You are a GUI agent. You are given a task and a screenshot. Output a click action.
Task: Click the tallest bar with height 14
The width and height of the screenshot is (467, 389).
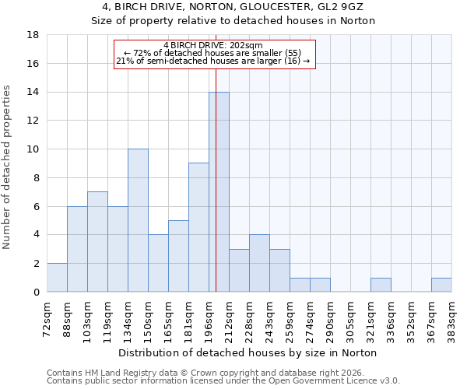tap(219, 192)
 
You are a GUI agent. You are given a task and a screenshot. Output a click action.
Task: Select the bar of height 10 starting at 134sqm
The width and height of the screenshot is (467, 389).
tap(138, 220)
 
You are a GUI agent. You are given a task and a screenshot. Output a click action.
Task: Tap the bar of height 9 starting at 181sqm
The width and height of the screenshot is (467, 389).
tap(198, 227)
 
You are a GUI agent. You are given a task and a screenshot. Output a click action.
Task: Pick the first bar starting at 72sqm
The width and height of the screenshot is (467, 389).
tap(57, 278)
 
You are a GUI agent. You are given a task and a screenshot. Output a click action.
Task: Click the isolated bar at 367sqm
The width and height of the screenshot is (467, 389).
tap(441, 285)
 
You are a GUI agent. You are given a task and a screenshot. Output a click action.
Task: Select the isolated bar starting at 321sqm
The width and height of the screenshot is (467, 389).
tap(381, 285)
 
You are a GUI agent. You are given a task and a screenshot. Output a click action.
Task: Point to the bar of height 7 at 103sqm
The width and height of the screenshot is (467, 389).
tap(97, 242)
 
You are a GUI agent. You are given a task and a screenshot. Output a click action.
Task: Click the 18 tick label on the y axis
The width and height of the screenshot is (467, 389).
tap(33, 35)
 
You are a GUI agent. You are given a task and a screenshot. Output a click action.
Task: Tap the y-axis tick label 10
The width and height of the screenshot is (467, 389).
tap(33, 149)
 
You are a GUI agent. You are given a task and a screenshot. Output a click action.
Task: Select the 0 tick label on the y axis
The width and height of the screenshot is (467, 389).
tap(36, 292)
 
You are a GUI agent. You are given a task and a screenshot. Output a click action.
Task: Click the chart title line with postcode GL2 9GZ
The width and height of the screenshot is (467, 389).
tap(233, 7)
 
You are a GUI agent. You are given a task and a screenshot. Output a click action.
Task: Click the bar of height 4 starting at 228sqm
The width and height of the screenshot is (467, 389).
tap(259, 263)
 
